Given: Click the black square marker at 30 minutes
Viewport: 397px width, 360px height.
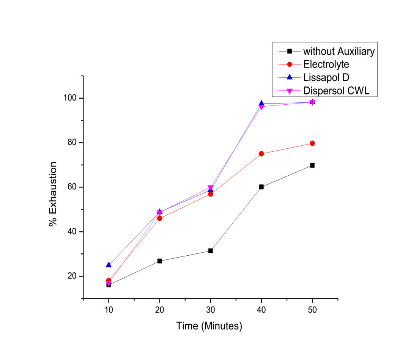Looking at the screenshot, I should pos(211,251).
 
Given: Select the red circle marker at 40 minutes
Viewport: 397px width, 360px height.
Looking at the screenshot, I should pos(262,154).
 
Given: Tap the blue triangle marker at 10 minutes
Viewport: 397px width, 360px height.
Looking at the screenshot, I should pos(109,265).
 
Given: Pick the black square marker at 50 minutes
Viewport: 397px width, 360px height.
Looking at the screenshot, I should pos(312,165).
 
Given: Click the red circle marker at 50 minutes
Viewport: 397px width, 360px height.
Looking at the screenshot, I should pos(312,143).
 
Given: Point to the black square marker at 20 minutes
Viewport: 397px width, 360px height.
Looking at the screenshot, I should pos(160,261).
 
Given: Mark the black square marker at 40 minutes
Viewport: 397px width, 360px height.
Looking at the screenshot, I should pos(262,187).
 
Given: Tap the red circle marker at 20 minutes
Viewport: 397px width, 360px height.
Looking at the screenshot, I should pos(160,218).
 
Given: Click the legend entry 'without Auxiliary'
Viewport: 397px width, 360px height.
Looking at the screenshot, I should pos(339,52).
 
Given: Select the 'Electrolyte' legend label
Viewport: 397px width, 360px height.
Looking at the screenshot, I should pos(326,64).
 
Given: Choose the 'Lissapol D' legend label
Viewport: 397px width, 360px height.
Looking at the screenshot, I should pos(326,77).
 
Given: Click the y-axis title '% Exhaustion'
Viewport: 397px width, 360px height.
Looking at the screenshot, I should pos(53,194).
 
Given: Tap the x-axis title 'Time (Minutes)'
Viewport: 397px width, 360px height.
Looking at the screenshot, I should pos(209,326).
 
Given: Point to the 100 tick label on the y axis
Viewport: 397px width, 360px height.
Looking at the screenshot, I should pos(71,98).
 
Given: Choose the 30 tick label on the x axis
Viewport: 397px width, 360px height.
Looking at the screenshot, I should pos(211,309).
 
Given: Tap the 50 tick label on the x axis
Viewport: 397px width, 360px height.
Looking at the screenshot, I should pos(312,309).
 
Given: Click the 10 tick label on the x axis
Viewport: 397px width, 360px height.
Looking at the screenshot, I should pos(109,309).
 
